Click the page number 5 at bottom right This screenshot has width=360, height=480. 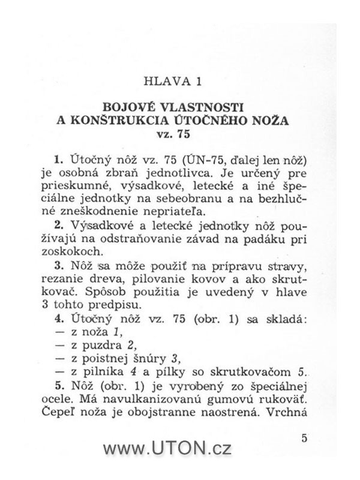(305, 438)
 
